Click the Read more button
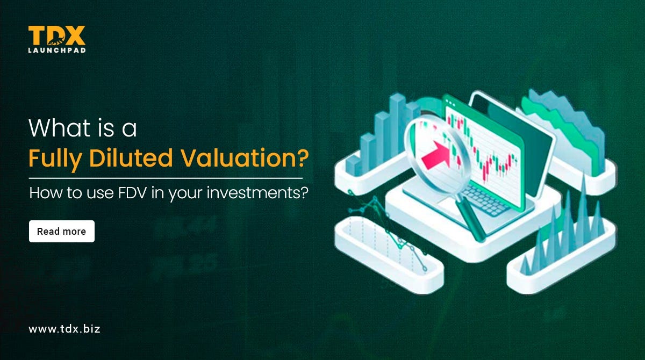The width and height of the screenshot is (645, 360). click(x=61, y=232)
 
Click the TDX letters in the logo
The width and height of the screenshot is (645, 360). click(x=56, y=36)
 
